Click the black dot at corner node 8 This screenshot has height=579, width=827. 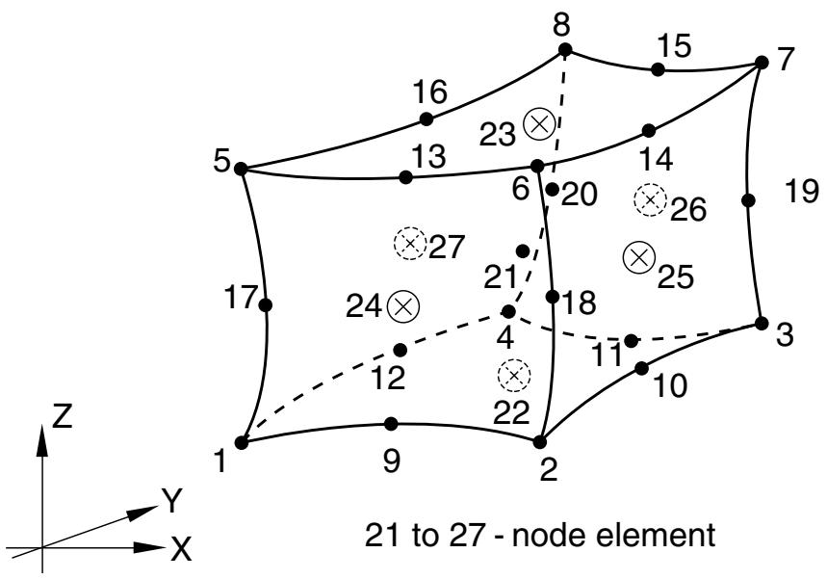(x=565, y=50)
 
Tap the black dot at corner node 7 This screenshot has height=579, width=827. (x=762, y=63)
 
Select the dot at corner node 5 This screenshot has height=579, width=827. (x=241, y=169)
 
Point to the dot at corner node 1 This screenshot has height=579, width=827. (x=242, y=442)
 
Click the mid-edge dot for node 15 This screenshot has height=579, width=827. (x=658, y=69)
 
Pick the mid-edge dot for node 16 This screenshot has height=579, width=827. (x=426, y=119)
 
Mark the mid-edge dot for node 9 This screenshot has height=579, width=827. (x=391, y=423)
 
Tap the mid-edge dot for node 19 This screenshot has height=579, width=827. (x=748, y=200)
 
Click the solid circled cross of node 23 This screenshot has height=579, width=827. (x=539, y=124)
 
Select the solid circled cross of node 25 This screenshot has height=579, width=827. (x=638, y=257)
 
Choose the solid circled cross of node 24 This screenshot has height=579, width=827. (x=403, y=305)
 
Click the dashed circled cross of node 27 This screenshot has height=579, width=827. (x=410, y=244)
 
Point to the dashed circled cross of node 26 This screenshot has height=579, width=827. (x=650, y=200)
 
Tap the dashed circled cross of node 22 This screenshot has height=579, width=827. (x=514, y=375)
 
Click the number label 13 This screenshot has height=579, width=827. (x=428, y=156)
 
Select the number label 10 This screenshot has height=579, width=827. (x=670, y=385)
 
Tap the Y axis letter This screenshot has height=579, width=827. (x=172, y=501)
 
